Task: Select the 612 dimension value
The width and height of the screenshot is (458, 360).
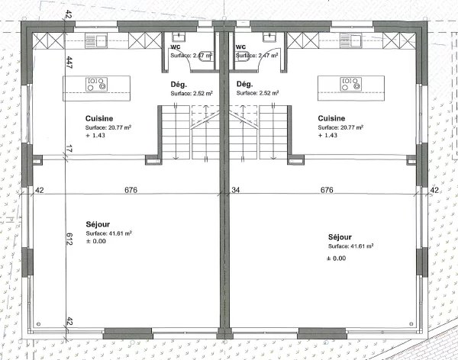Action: [69, 239]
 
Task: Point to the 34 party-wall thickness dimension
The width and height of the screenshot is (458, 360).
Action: [234, 190]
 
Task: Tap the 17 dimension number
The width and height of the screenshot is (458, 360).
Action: [69, 149]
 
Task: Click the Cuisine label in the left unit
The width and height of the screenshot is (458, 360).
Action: [100, 118]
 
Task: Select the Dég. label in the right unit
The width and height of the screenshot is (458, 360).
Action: [244, 84]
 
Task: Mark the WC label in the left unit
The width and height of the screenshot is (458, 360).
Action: [174, 46]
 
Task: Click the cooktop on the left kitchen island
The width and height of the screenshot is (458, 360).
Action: [96, 83]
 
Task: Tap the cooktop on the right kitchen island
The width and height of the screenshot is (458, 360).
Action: [348, 83]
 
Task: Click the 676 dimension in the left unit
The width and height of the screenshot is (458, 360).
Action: [131, 190]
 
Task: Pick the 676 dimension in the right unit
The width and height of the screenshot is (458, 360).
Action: [327, 190]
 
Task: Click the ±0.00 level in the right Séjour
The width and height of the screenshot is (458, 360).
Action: [336, 259]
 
